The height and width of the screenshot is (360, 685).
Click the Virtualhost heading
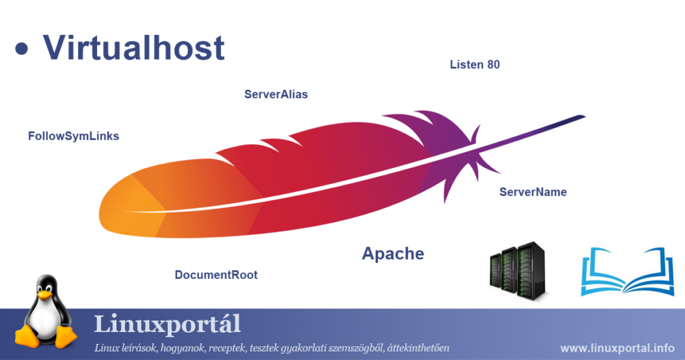pyautogui.click(x=134, y=48)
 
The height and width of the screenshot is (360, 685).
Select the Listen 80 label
pyautogui.click(x=474, y=65)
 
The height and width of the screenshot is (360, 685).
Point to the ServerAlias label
pyautogui.click(x=276, y=94)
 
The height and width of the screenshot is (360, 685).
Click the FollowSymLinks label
pyautogui.click(x=74, y=136)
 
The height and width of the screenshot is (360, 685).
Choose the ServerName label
pyautogui.click(x=532, y=192)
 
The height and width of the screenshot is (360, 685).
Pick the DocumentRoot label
pyautogui.click(x=215, y=274)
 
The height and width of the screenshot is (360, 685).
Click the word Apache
pyautogui.click(x=393, y=254)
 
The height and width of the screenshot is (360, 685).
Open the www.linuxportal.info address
pyautogui.click(x=617, y=348)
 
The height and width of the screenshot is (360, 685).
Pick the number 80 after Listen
pyautogui.click(x=493, y=65)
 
